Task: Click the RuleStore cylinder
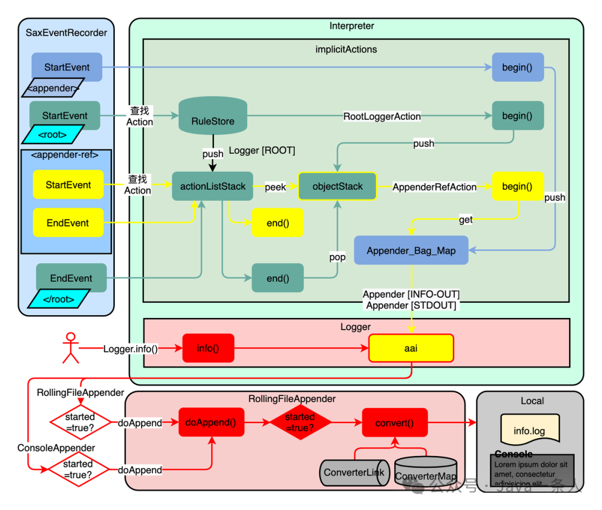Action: point(212,116)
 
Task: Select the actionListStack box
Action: point(212,187)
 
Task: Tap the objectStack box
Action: point(337,187)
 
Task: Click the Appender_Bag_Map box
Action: point(411,251)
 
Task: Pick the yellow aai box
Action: point(411,348)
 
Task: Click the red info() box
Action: point(208,348)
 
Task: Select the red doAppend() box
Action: point(211,423)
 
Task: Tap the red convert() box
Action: point(395,423)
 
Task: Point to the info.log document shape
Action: point(530,429)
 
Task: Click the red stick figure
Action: point(70,348)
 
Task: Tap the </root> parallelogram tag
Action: point(59,299)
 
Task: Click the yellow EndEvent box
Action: point(68,223)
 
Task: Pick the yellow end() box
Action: point(278,223)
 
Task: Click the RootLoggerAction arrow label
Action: point(382,116)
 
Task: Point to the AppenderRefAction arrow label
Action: point(434,187)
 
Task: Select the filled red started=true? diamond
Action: point(300,423)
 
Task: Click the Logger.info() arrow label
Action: point(130,349)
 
